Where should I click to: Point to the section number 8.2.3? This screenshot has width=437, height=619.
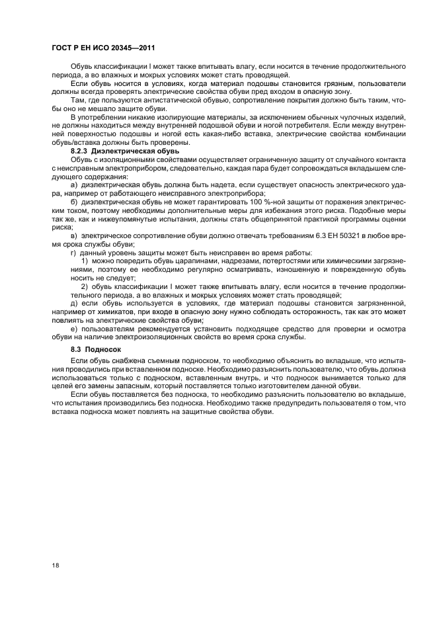[x=81, y=151]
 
